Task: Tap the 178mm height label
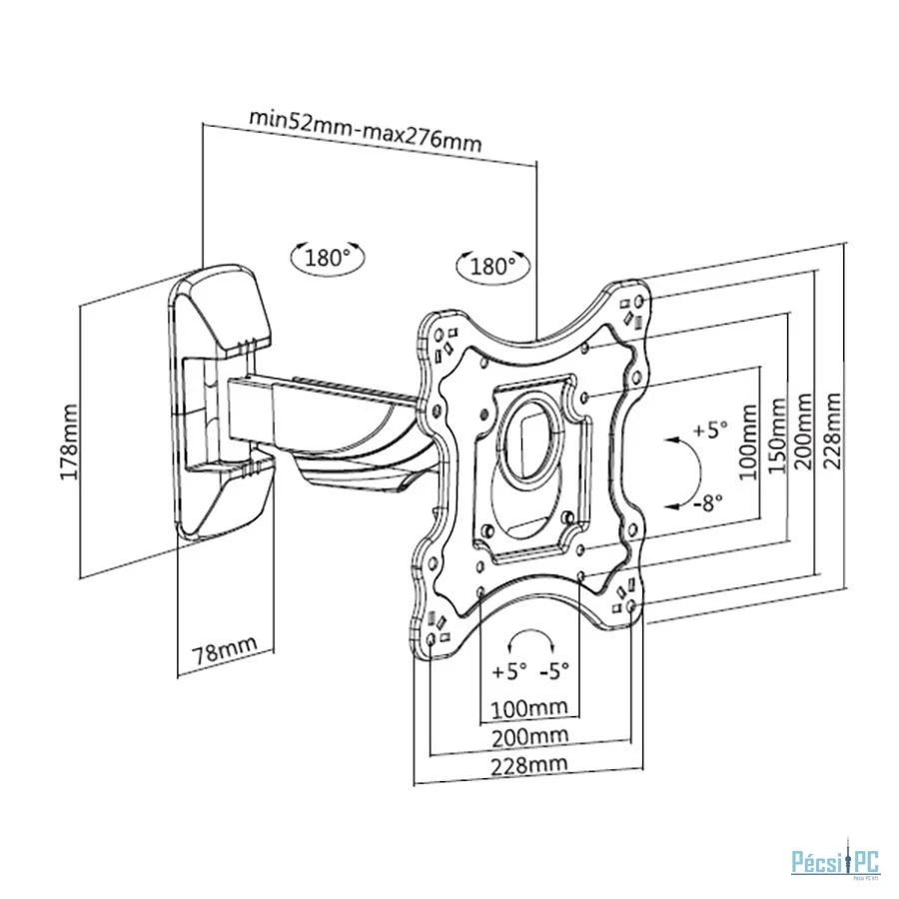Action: [x=69, y=442]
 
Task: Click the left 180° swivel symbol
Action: [x=328, y=258]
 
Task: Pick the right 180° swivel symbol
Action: [x=492, y=266]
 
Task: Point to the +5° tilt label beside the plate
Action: [x=710, y=429]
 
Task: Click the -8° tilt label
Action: [x=707, y=503]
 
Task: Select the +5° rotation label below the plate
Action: [x=509, y=670]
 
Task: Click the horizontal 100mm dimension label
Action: [x=529, y=708]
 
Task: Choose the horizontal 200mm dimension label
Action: [x=530, y=737]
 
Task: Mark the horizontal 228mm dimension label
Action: [x=529, y=765]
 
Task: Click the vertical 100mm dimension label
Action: [x=747, y=442]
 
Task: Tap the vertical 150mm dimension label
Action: [x=776, y=436]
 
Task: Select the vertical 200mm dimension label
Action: [x=804, y=432]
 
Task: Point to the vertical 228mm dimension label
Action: [x=832, y=431]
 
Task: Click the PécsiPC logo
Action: [x=835, y=862]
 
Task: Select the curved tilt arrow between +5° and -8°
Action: [x=700, y=472]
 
